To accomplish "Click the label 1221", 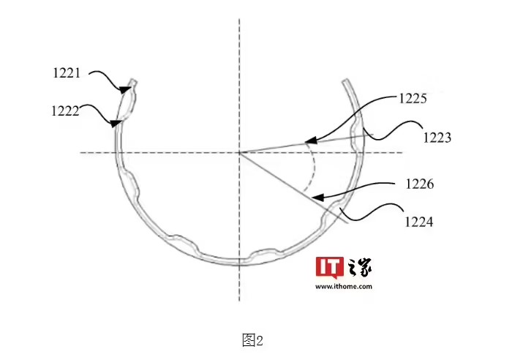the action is pyautogui.click(x=67, y=72).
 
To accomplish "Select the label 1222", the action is pyautogui.click(x=65, y=111).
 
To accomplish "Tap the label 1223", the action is pyautogui.click(x=437, y=138).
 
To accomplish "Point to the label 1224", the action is pyautogui.click(x=419, y=222).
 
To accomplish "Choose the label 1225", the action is pyautogui.click(x=413, y=98).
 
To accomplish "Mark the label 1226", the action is pyautogui.click(x=420, y=184).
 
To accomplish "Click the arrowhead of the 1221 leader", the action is pyautogui.click(x=124, y=89).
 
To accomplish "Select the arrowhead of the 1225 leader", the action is pyautogui.click(x=311, y=140).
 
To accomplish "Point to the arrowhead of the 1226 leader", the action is pyautogui.click(x=317, y=198).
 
